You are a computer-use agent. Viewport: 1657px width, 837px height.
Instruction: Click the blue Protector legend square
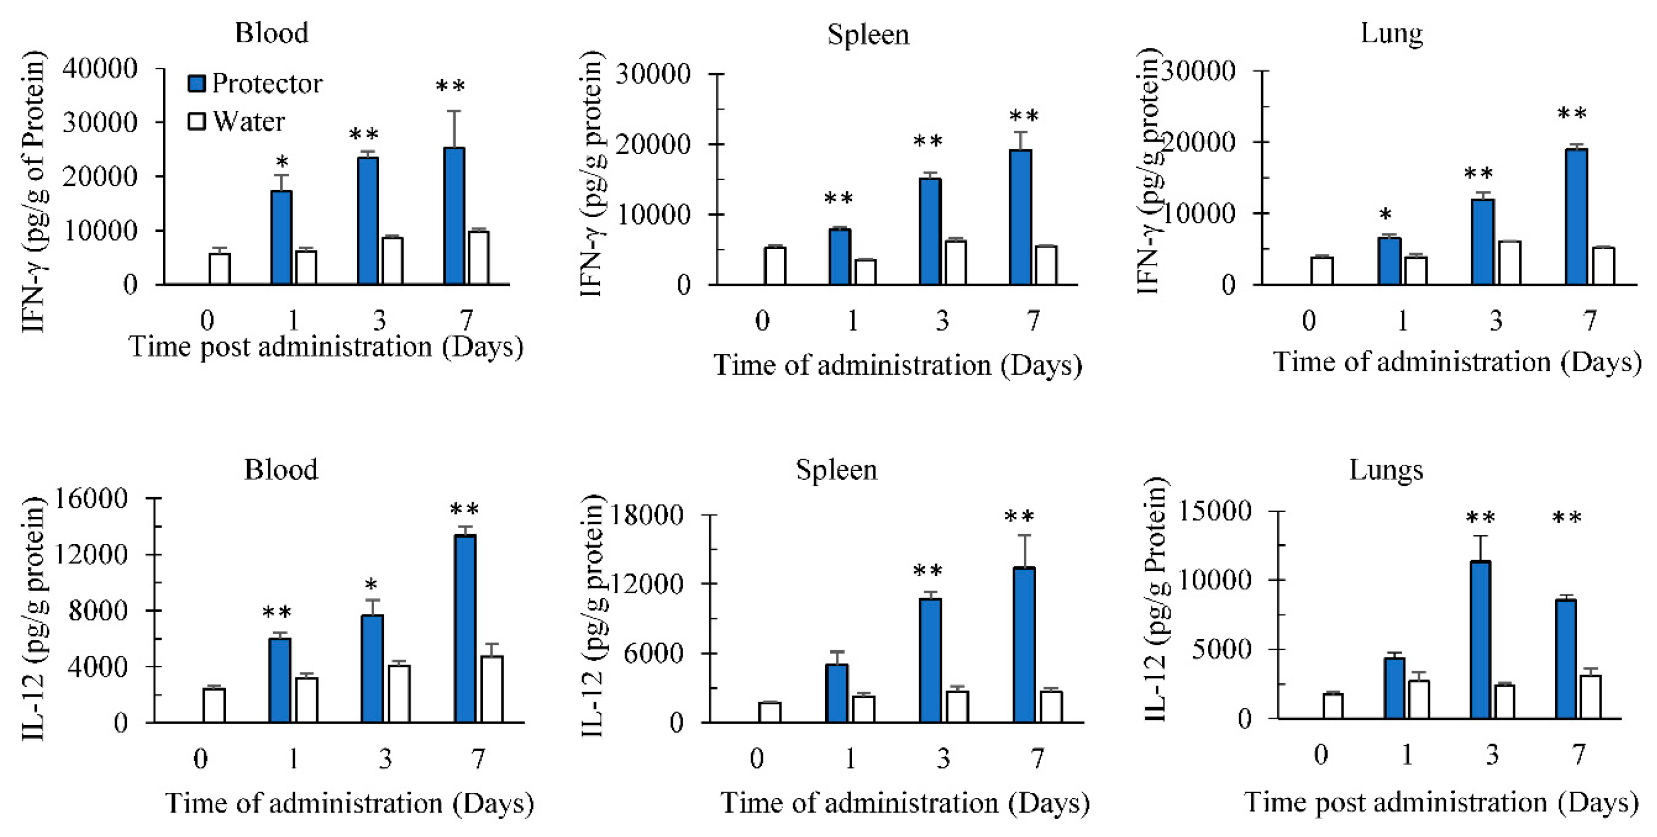click(x=197, y=83)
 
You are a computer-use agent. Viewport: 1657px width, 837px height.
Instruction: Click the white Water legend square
click(x=197, y=121)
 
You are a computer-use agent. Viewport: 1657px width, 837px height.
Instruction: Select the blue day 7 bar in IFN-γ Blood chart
click(x=454, y=216)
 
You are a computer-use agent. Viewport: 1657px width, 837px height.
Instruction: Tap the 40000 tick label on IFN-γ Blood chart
click(x=100, y=68)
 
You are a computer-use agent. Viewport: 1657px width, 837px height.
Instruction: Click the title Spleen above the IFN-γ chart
click(x=868, y=35)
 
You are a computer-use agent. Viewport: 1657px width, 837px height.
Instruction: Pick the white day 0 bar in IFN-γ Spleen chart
click(x=775, y=265)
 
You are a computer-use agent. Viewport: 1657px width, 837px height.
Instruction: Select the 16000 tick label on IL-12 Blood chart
click(x=92, y=498)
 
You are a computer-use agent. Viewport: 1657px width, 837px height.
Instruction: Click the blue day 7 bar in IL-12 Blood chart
click(x=465, y=629)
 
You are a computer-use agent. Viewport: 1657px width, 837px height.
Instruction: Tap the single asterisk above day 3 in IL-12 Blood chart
click(x=371, y=586)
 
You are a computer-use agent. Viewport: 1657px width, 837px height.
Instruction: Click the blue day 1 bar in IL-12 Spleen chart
click(x=837, y=693)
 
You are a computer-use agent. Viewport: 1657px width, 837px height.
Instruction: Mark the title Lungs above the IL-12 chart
click(x=1385, y=470)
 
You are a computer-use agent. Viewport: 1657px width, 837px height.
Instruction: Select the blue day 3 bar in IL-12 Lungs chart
click(x=1480, y=639)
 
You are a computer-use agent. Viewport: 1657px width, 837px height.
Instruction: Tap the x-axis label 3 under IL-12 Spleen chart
click(x=943, y=759)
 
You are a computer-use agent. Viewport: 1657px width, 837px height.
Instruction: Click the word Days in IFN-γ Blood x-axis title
click(x=482, y=347)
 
